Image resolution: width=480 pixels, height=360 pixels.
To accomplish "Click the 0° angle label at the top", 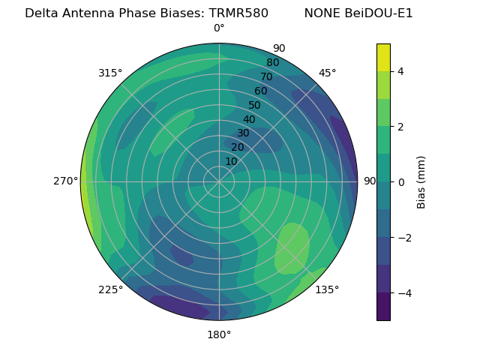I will [219, 28].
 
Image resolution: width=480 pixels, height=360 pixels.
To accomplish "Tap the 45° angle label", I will [327, 73].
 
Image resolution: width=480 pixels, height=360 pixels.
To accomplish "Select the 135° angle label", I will [327, 289].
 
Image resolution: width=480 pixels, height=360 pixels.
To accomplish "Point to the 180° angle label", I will [219, 334].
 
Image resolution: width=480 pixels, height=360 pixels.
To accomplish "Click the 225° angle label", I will [110, 289].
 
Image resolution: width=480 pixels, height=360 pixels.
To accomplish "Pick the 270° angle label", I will [66, 181].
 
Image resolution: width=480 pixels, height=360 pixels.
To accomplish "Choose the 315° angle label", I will [110, 73].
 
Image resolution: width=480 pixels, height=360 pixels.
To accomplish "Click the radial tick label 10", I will [231, 161].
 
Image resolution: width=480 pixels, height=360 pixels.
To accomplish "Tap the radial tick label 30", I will [243, 133].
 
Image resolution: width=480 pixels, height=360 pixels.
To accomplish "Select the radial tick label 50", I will [255, 106].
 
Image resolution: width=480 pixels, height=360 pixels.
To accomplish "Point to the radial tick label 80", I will [272, 63].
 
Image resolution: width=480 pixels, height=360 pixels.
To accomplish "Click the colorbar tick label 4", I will [401, 71].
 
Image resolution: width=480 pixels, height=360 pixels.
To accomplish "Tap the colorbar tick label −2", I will [404, 238].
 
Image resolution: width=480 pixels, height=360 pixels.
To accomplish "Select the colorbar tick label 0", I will [401, 182].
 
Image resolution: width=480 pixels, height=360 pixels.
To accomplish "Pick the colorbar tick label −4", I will [404, 293].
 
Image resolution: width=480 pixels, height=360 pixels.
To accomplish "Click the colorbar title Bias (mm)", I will [421, 182].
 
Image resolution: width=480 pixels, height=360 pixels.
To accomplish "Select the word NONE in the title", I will [321, 13].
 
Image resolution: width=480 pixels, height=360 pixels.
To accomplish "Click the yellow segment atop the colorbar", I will [383, 57].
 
